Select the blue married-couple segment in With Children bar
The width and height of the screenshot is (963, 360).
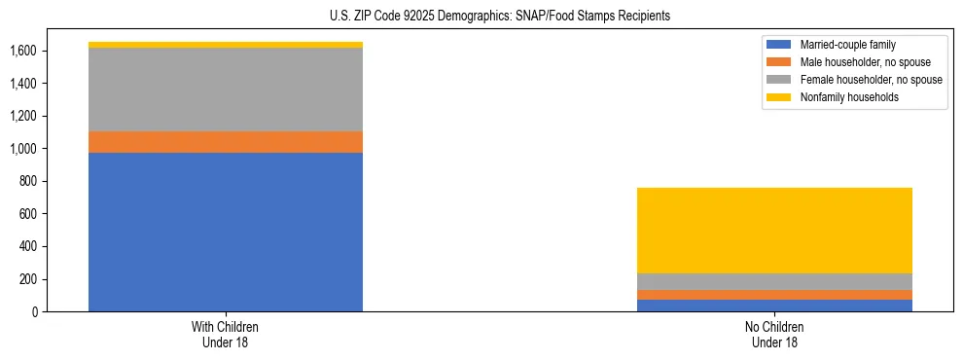pyautogui.click(x=226, y=232)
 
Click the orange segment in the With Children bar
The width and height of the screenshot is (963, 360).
pyautogui.click(x=226, y=142)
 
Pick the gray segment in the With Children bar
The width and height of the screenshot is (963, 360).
pyautogui.click(x=226, y=90)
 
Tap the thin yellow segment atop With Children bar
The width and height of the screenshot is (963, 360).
pyautogui.click(x=226, y=45)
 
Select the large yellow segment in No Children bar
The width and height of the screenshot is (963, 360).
pyautogui.click(x=775, y=231)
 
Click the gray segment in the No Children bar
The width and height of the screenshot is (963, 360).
pyautogui.click(x=775, y=282)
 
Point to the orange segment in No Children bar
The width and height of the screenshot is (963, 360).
pyautogui.click(x=775, y=295)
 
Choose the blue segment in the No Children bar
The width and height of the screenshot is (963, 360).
pyautogui.click(x=775, y=306)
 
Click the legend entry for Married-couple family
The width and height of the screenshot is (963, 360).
pyautogui.click(x=847, y=45)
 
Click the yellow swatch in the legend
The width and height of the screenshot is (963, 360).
pyautogui.click(x=779, y=97)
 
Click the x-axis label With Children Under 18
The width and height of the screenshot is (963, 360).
pyautogui.click(x=226, y=335)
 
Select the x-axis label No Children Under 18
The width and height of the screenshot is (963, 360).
pyautogui.click(x=775, y=335)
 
